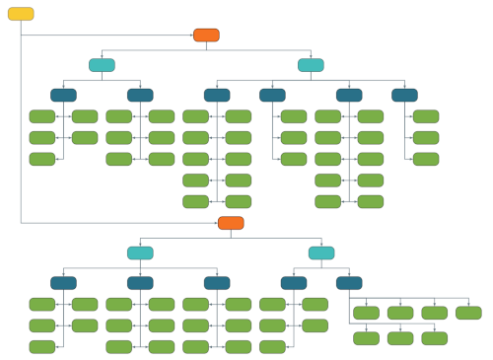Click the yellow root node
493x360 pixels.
tap(21, 14)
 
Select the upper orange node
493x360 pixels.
tap(206, 36)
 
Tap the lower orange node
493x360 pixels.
tap(231, 223)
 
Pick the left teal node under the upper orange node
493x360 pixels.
tap(102, 65)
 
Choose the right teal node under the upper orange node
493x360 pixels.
tap(311, 65)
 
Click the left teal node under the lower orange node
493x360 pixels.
tap(140, 252)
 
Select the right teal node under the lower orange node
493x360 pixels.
tap(321, 252)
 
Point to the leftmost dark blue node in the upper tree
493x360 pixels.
tap(63, 95)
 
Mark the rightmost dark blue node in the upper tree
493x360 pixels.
tap(404, 95)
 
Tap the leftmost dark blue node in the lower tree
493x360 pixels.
tap(63, 282)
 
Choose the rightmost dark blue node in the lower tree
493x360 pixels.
tap(349, 282)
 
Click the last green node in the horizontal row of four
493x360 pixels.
tap(468, 313)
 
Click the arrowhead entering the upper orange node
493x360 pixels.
tap(191, 36)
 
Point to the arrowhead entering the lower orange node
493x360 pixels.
tap(216, 223)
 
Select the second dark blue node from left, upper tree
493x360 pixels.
tap(140, 95)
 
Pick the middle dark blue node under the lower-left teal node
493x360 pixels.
tap(140, 282)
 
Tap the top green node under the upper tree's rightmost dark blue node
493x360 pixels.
tap(426, 116)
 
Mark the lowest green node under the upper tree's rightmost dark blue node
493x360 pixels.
tap(426, 159)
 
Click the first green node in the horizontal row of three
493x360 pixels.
tap(366, 338)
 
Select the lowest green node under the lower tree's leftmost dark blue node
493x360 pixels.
tap(42, 346)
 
